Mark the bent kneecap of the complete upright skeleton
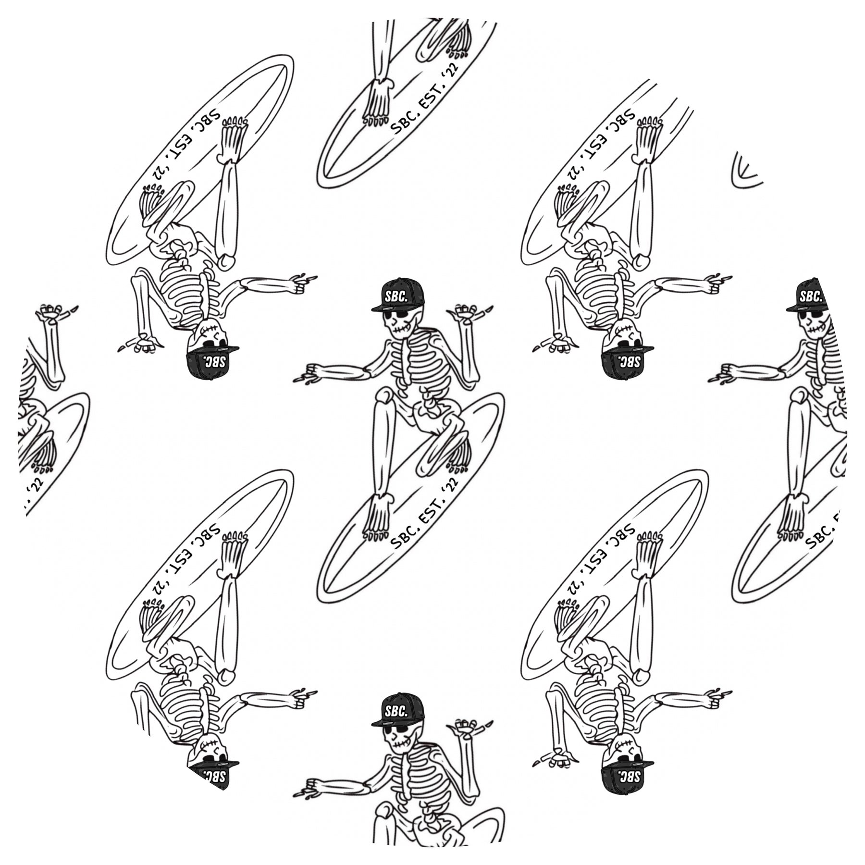click(384, 396)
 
